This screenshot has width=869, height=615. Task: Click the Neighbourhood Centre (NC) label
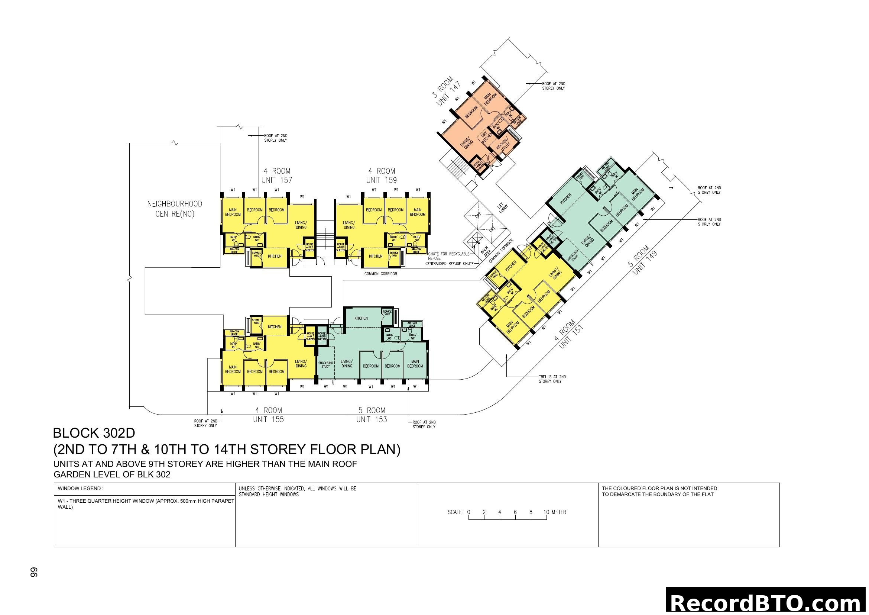tap(175, 209)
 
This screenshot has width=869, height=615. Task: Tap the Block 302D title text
tap(94, 433)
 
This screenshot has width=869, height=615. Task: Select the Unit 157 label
tap(277, 181)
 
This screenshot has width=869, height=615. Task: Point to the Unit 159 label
tap(382, 181)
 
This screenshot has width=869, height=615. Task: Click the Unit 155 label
tap(268, 419)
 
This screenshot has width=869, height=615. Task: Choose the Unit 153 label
tap(371, 419)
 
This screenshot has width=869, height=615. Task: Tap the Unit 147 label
tap(448, 94)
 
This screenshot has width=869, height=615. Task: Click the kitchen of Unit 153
tap(361, 319)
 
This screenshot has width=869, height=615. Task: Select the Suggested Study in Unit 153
tap(325, 365)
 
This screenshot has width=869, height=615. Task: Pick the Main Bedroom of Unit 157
tap(233, 212)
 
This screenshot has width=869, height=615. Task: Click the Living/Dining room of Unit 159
tap(349, 225)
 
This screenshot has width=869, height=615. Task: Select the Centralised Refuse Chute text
tap(449, 264)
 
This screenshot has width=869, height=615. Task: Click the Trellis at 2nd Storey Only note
tap(552, 379)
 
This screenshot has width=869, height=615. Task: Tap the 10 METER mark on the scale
tap(554, 512)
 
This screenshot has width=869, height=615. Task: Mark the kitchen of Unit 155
tap(275, 327)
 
